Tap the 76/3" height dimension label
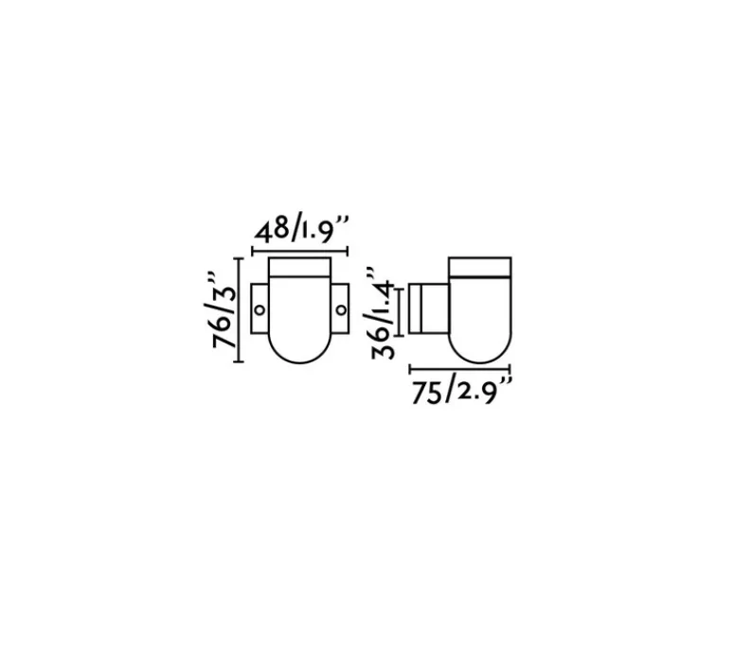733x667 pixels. point(220,308)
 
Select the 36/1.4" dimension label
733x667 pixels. point(380,313)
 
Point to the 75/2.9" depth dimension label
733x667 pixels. point(461,392)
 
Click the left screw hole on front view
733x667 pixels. point(259,309)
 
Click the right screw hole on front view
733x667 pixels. point(341,309)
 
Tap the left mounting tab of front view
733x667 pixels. point(259,308)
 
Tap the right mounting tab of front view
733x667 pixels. point(340,308)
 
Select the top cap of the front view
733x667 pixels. point(300,267)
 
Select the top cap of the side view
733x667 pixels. point(479,267)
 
